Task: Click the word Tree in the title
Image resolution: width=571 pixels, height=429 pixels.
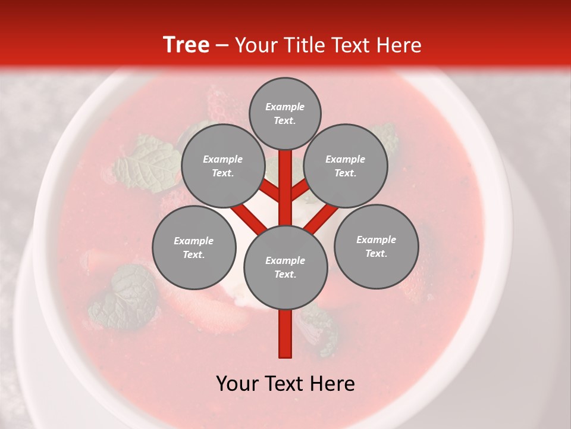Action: pyautogui.click(x=186, y=45)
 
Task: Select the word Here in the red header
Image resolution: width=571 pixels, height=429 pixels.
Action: pyautogui.click(x=398, y=45)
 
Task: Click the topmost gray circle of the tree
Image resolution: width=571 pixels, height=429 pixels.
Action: pyautogui.click(x=285, y=113)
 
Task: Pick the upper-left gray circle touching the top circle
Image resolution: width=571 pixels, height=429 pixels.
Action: pyautogui.click(x=222, y=166)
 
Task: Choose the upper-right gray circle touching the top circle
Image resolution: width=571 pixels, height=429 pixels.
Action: pyautogui.click(x=346, y=166)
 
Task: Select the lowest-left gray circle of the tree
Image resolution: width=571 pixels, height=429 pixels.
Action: pyautogui.click(x=194, y=247)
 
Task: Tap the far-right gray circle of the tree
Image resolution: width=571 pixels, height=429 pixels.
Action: pyautogui.click(x=377, y=246)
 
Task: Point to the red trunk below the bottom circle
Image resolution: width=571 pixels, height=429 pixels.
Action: pyautogui.click(x=285, y=334)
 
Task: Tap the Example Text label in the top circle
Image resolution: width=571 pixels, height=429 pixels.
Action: pyautogui.click(x=285, y=113)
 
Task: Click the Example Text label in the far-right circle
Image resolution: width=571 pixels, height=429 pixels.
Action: pyautogui.click(x=377, y=246)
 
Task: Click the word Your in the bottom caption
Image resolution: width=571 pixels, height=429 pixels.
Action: pyautogui.click(x=237, y=384)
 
